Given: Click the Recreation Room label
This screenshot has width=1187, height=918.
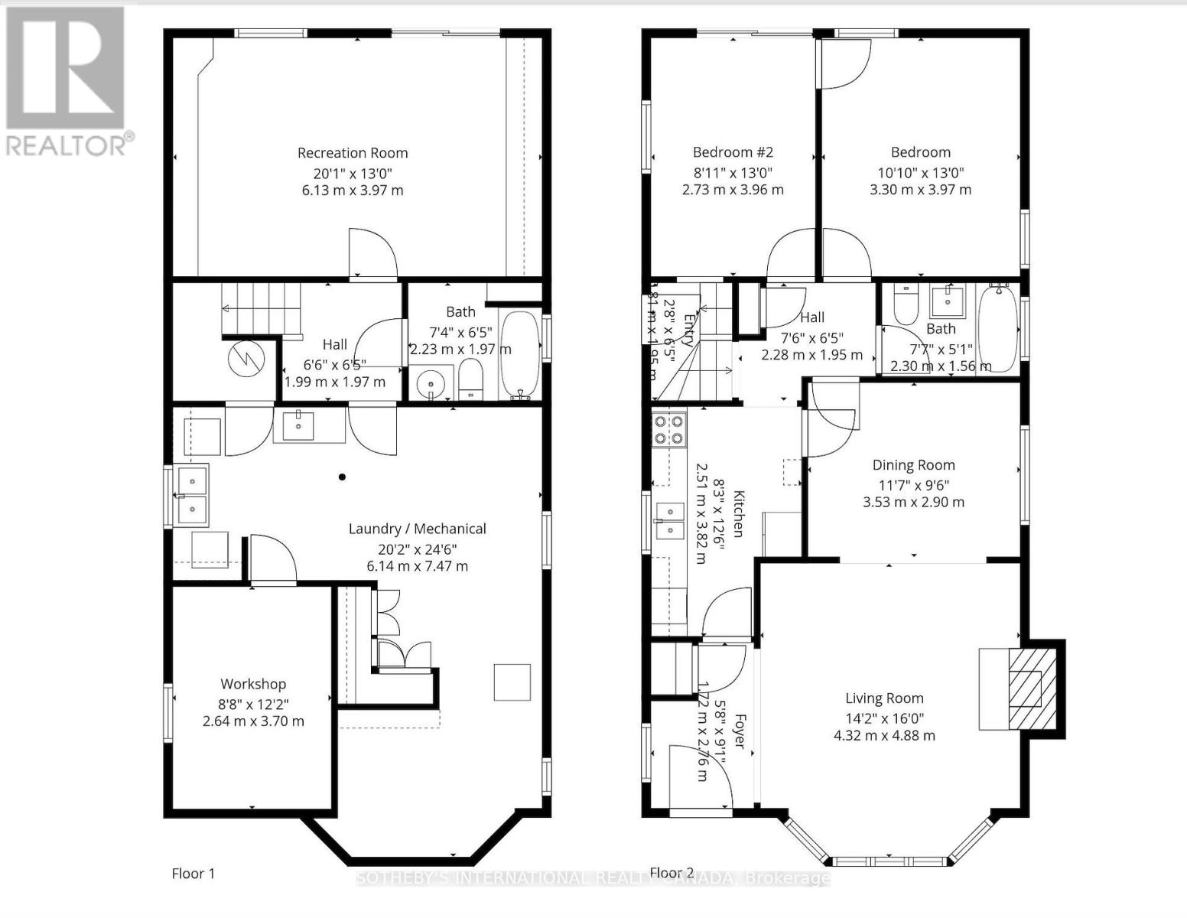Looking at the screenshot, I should pyautogui.click(x=353, y=153).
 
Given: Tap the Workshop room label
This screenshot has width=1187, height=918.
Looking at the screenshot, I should pyautogui.click(x=253, y=684).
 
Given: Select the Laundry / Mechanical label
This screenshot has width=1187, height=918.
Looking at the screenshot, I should pyautogui.click(x=417, y=529).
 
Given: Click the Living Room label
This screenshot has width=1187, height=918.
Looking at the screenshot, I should pyautogui.click(x=884, y=698).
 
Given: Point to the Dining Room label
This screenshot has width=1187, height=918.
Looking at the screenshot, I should pyautogui.click(x=913, y=465).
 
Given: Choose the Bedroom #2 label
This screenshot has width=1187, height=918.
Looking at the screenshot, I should pyautogui.click(x=733, y=152).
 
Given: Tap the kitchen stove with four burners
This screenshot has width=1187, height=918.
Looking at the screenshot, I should pyautogui.click(x=668, y=429).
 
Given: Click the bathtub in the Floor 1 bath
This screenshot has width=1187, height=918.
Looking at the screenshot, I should pyautogui.click(x=519, y=355).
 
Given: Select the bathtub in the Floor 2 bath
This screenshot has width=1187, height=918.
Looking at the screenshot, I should pyautogui.click(x=997, y=326).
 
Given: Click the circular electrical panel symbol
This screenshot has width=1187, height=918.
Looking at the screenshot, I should pyautogui.click(x=247, y=357).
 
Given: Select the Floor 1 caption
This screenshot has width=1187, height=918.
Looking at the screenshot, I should pyautogui.click(x=193, y=874).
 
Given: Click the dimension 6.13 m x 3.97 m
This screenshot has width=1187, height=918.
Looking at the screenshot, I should pyautogui.click(x=353, y=190).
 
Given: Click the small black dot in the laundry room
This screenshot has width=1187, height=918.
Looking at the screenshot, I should pyautogui.click(x=342, y=477).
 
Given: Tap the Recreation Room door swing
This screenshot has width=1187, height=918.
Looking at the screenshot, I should pyautogui.click(x=372, y=252).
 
